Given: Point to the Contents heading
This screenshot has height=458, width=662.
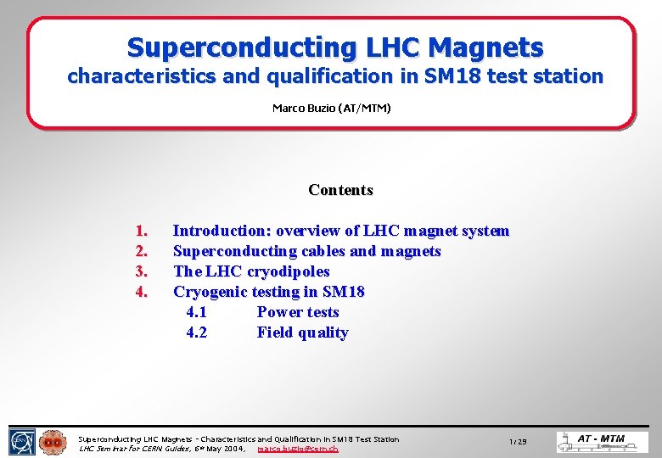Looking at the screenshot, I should coord(340,190).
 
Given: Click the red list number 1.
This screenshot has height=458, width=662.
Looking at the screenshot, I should coord(142,231).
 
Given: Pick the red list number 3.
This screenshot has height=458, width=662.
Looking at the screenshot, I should coord(142,271).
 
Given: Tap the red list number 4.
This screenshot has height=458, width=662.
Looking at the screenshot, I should coord(142,292).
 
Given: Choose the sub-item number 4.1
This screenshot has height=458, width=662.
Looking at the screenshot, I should coord(196,312).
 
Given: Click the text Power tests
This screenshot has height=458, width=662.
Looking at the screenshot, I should coord(298,312).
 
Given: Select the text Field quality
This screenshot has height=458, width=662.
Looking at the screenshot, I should coord(302,332).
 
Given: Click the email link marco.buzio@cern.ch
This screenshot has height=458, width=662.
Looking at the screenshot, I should coord(297,448).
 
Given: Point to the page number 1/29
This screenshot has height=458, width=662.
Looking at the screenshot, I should coord(518,443).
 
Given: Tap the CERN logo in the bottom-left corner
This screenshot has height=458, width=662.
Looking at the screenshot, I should coord(22,442).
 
